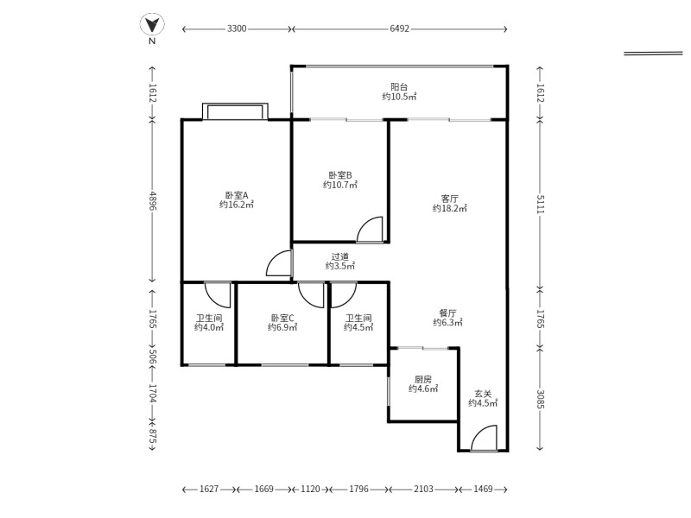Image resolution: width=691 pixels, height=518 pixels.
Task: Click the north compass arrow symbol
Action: [x=152, y=24]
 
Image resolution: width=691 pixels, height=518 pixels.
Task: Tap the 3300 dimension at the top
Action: [x=237, y=29]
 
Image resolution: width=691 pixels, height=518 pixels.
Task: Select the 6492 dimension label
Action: [x=399, y=29]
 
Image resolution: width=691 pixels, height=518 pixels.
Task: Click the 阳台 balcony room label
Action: [x=399, y=87]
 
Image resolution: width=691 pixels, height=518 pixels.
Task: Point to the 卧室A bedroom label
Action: [x=237, y=195]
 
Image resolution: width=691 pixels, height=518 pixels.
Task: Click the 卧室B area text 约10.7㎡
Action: [x=339, y=185]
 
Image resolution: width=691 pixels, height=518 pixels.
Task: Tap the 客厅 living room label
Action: [x=449, y=199]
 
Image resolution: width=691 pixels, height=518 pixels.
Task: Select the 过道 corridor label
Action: [x=340, y=256]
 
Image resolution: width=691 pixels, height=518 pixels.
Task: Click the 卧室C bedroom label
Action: [x=282, y=318]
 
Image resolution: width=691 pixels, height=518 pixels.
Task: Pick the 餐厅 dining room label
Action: [x=447, y=313]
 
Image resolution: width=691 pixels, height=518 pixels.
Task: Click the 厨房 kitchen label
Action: [x=423, y=379]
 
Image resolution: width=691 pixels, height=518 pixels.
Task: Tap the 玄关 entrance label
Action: [x=483, y=394]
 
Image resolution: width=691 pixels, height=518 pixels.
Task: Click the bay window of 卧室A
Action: [x=235, y=111]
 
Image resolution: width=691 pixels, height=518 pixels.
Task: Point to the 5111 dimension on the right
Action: [x=541, y=204]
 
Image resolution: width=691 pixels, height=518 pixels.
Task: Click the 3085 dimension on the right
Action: [x=541, y=399]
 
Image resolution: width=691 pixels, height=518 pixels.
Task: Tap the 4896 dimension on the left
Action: [x=153, y=200]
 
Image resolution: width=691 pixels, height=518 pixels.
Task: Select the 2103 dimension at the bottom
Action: [x=423, y=489]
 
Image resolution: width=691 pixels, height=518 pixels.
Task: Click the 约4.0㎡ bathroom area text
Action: [x=209, y=328]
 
